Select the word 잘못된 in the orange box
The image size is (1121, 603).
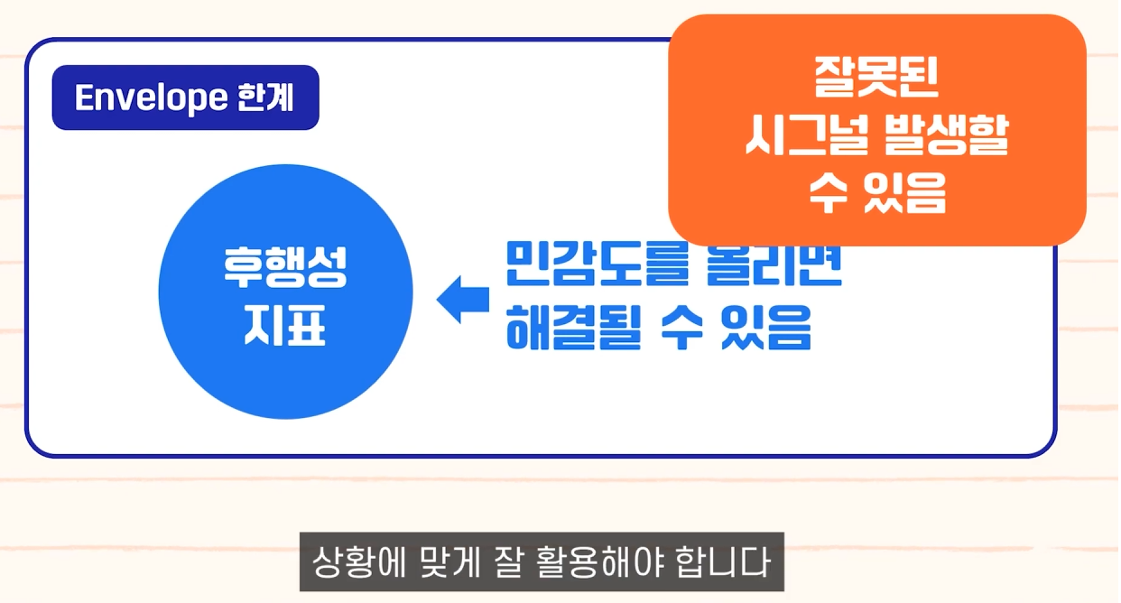876,79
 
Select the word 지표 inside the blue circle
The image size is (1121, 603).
285,327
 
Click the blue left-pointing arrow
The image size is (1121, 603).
462,299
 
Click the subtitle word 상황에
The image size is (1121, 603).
353,564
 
